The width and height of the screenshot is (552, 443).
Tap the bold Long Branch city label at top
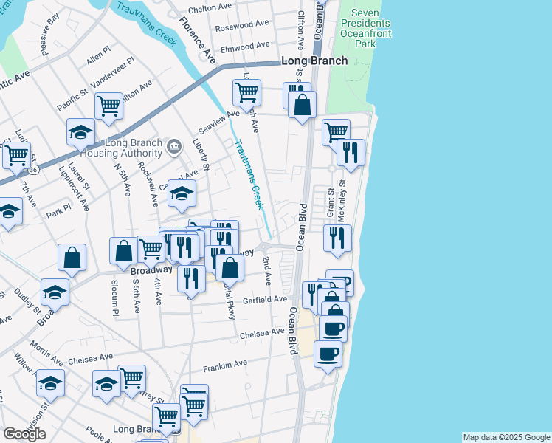314,61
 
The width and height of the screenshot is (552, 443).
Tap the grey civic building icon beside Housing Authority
174,145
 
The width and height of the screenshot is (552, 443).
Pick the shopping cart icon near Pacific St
108,106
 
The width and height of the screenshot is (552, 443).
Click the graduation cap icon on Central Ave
182,193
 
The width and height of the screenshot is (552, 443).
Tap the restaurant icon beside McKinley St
337,238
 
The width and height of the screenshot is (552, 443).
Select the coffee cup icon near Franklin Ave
328,353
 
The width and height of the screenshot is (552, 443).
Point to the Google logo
24,433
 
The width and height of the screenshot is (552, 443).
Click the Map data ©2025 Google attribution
506,437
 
